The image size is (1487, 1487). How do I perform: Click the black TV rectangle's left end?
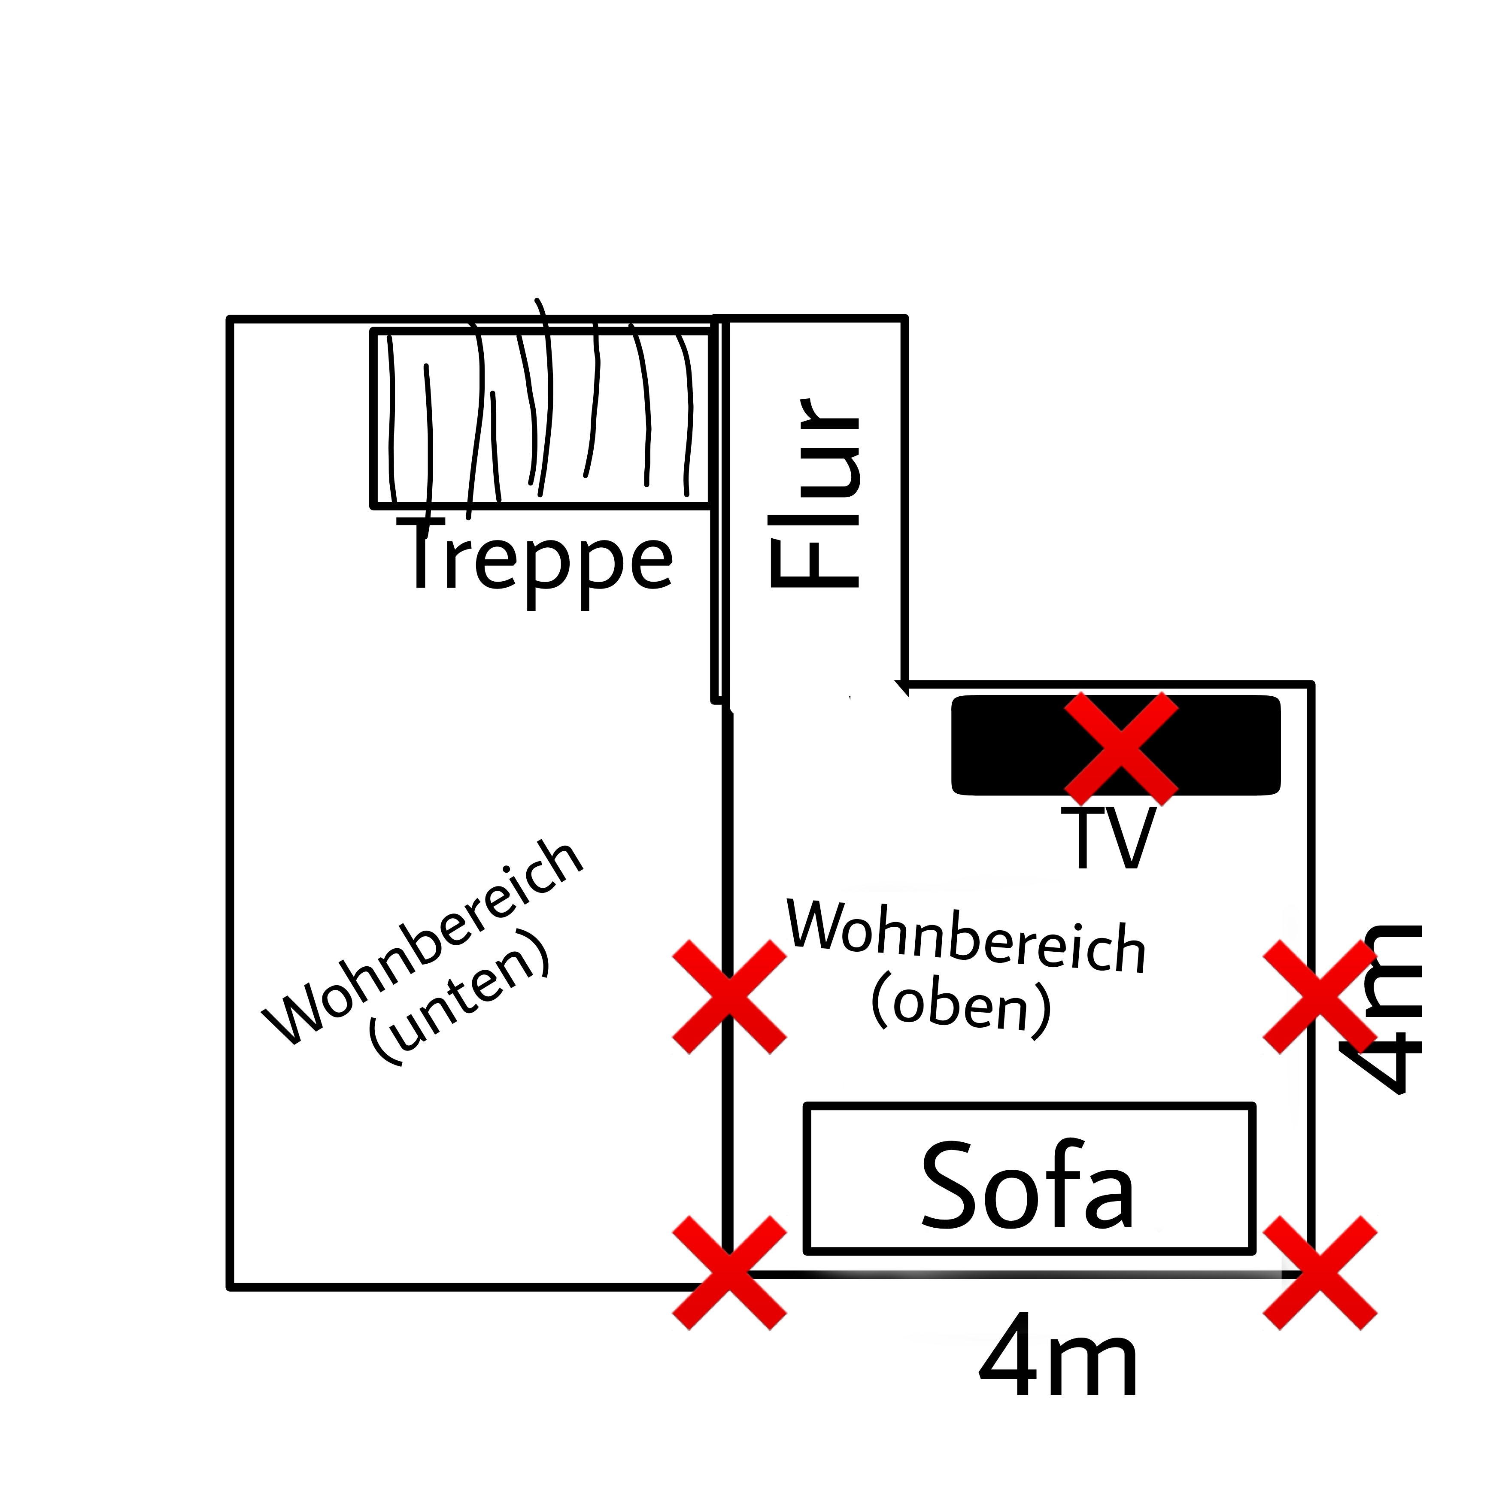point(954,745)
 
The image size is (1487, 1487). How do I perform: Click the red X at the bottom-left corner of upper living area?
point(730,1273)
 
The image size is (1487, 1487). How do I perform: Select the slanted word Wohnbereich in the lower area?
point(422,943)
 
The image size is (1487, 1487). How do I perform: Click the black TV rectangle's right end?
point(1278,745)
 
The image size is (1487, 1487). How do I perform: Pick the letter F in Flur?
point(814,563)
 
